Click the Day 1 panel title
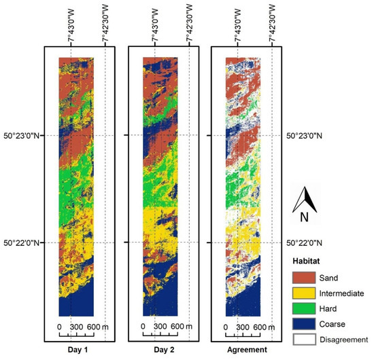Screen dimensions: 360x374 pyautogui.click(x=76, y=350)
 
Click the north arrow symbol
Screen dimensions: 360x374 pyautogui.click(x=309, y=200)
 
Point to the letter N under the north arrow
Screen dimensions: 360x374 pyautogui.click(x=309, y=219)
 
